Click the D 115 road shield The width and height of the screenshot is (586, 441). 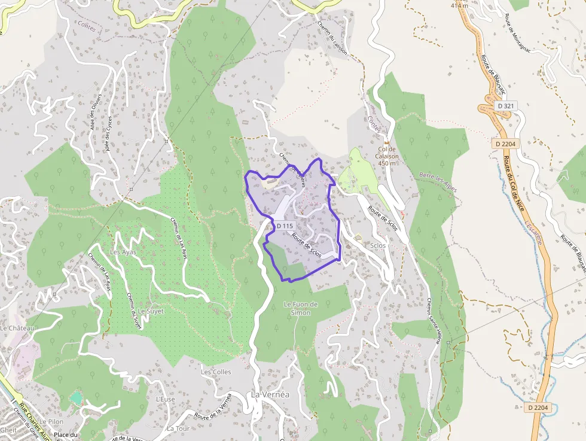pyautogui.click(x=285, y=226)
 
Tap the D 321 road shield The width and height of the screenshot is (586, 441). pyautogui.click(x=505, y=105)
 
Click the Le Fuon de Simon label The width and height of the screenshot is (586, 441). pyautogui.click(x=300, y=308)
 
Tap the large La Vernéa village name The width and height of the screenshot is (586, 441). pyautogui.click(x=270, y=395)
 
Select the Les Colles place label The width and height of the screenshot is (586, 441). pyautogui.click(x=216, y=372)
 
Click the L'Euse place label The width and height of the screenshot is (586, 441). pyautogui.click(x=165, y=399)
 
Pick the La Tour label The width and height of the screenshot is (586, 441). pyautogui.click(x=178, y=428)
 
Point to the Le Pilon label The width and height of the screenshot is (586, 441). pyautogui.click(x=51, y=422)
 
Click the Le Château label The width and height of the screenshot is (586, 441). pyautogui.click(x=17, y=329)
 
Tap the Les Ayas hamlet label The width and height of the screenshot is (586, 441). pyautogui.click(x=123, y=252)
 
